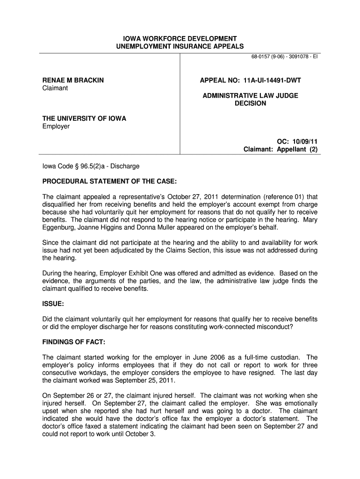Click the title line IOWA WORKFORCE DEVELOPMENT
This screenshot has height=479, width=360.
click(180, 38)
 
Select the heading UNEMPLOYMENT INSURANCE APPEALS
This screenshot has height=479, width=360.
click(180, 46)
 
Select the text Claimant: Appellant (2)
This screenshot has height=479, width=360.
click(281, 150)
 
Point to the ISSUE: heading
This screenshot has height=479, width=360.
click(53, 304)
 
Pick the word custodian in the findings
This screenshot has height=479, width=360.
click(282, 357)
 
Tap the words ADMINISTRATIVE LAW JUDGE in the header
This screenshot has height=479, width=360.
click(250, 95)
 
